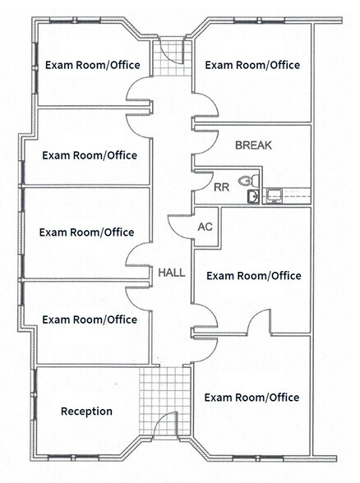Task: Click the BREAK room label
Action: pyautogui.click(x=253, y=145)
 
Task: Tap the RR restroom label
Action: pyautogui.click(x=221, y=187)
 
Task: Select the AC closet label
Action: pyautogui.click(x=205, y=227)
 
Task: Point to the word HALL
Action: pyautogui.click(x=172, y=273)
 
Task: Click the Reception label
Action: pyautogui.click(x=86, y=412)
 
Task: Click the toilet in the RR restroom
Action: pyautogui.click(x=249, y=180)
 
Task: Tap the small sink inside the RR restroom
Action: pyautogui.click(x=252, y=196)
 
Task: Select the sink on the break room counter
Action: pyautogui.click(x=275, y=195)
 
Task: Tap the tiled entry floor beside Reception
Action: pyautogui.click(x=165, y=401)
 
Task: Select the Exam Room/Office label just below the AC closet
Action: pyautogui.click(x=254, y=276)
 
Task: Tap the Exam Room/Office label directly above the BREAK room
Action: pyautogui.click(x=252, y=65)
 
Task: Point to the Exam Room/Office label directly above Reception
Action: pyautogui.click(x=90, y=320)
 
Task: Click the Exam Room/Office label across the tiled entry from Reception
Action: pyautogui.click(x=252, y=398)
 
